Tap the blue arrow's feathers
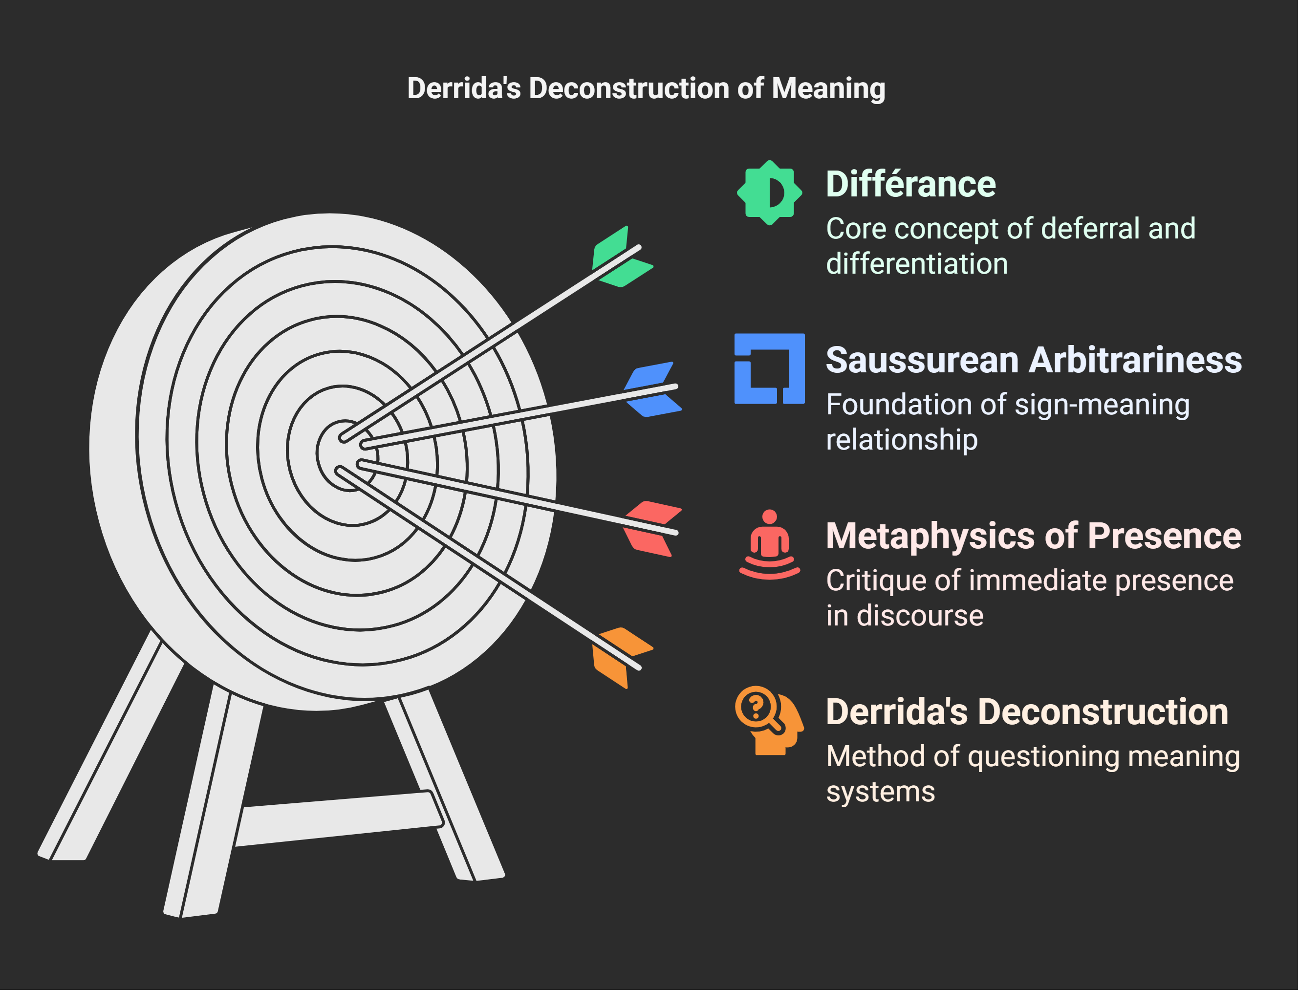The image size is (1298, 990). (651, 389)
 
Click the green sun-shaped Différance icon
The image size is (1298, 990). (769, 193)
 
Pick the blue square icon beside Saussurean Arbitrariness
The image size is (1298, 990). (769, 369)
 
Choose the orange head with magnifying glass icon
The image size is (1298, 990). (769, 720)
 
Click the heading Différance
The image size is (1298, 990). (910, 184)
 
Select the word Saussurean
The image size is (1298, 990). (922, 360)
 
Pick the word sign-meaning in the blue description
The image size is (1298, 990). (1102, 405)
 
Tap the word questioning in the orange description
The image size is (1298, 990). (1043, 756)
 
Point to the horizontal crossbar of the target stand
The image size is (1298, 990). (339, 819)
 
